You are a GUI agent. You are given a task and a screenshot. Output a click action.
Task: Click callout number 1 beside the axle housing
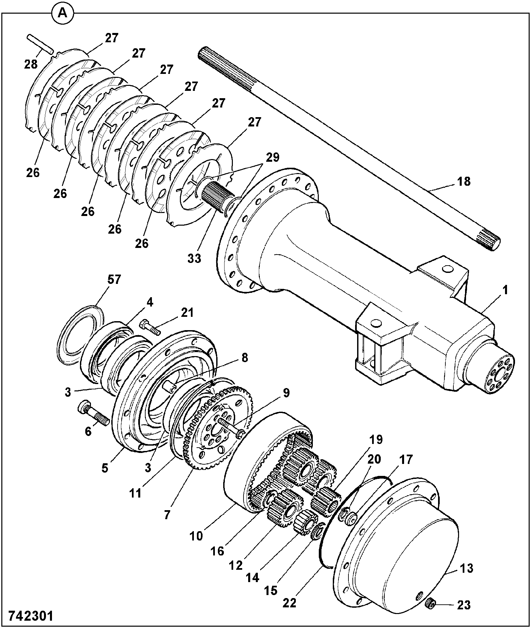(x=505, y=290)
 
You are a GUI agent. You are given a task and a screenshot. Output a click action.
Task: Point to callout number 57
(x=114, y=279)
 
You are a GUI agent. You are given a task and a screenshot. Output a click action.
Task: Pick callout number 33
(x=194, y=258)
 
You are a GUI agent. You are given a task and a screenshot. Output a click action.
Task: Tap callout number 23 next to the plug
(x=464, y=605)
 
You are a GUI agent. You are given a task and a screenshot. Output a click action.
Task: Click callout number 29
(x=272, y=157)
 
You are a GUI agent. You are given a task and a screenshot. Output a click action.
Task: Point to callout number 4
(x=149, y=302)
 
